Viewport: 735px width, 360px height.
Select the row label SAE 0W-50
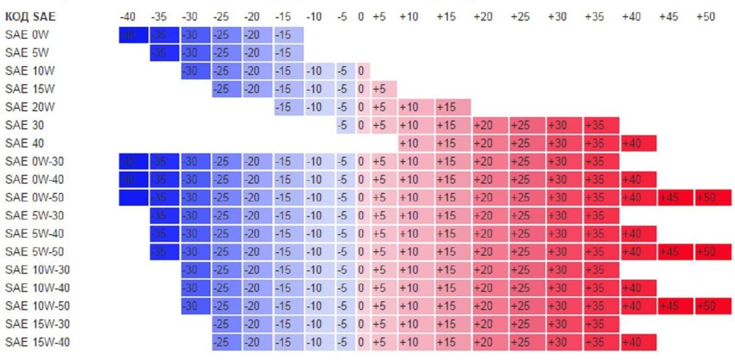tap(34, 198)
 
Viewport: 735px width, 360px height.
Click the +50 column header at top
tap(706, 17)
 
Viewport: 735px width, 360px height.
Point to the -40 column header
tap(129, 17)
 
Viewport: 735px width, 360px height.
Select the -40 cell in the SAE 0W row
tap(133, 36)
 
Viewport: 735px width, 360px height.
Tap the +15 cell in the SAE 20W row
tap(453, 107)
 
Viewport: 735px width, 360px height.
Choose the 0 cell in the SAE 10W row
tap(361, 71)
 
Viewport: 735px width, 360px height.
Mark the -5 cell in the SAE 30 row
tap(345, 126)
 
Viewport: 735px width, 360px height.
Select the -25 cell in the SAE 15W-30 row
tap(226, 324)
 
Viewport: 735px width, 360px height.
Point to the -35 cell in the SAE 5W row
tap(164, 53)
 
